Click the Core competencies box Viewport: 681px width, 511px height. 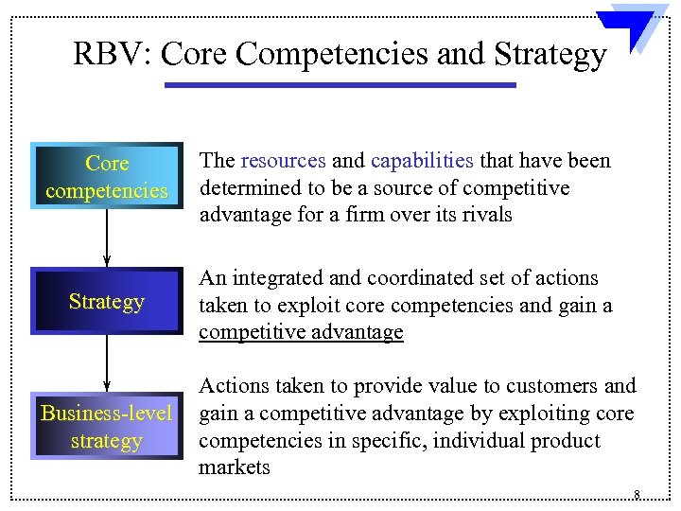(106, 176)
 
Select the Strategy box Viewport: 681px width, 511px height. (106, 302)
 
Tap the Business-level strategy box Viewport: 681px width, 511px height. (106, 427)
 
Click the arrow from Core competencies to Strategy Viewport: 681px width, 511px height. (106, 237)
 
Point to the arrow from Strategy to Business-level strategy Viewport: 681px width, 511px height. (106, 362)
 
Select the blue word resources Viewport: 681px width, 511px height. (283, 162)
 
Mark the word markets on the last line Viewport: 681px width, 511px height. (234, 467)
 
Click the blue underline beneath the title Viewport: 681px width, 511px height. (340, 85)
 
